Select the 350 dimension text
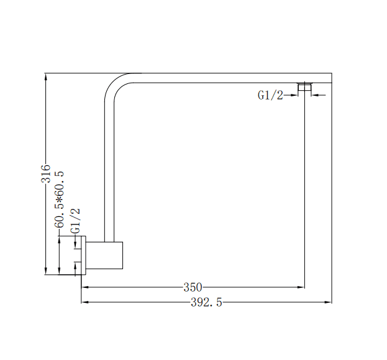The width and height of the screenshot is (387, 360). (x=193, y=287)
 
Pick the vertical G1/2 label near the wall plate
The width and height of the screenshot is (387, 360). (x=75, y=221)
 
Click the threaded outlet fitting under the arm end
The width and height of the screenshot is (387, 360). (x=304, y=88)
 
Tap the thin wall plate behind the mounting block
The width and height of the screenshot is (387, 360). (x=81, y=255)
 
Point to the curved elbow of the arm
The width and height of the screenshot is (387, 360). (x=115, y=86)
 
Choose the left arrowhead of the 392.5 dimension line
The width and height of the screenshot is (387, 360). (x=84, y=303)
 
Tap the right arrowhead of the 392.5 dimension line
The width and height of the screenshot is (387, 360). (x=329, y=303)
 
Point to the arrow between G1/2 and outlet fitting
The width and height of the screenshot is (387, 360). (x=293, y=95)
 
